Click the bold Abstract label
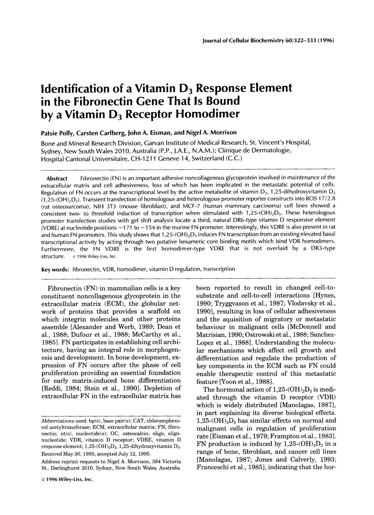57,179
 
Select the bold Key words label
55,269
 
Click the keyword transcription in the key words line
219,269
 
